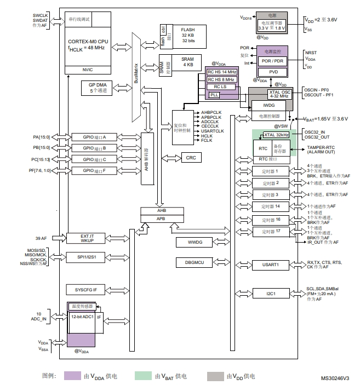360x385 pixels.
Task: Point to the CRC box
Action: click(x=191, y=158)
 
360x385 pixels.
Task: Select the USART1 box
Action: click(x=271, y=265)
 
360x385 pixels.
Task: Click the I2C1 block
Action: click(x=271, y=294)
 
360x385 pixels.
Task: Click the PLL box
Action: click(x=214, y=95)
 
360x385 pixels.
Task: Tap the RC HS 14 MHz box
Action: click(x=222, y=72)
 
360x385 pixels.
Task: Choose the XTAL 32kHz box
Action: click(x=276, y=135)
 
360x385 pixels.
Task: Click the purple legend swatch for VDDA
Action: click(x=72, y=376)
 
